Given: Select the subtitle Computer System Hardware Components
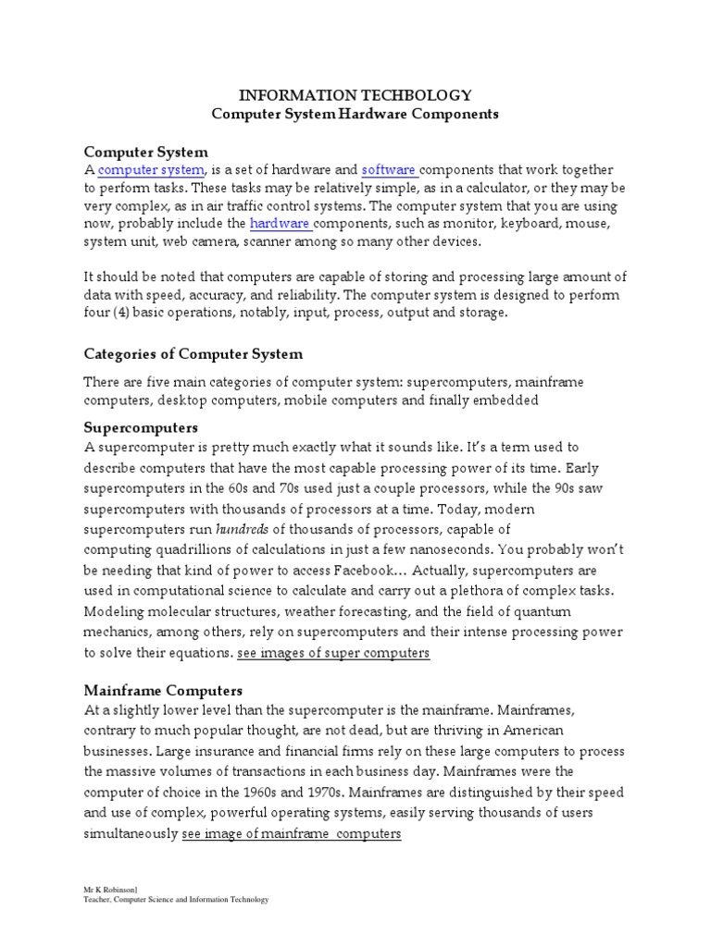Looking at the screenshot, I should (x=355, y=115).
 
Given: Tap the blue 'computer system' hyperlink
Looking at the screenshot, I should (x=151, y=170).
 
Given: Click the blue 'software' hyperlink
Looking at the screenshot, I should (x=388, y=170).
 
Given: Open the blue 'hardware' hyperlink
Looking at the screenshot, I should (x=279, y=224).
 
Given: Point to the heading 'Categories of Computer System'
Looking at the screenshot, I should (x=193, y=354).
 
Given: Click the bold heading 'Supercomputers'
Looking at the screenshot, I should (x=141, y=428).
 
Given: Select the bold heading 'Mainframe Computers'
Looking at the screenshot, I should (x=163, y=690).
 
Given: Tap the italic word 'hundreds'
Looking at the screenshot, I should (x=243, y=529).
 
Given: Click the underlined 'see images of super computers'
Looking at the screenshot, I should (x=333, y=653).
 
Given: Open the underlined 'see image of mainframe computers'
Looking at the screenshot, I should (x=291, y=833).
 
